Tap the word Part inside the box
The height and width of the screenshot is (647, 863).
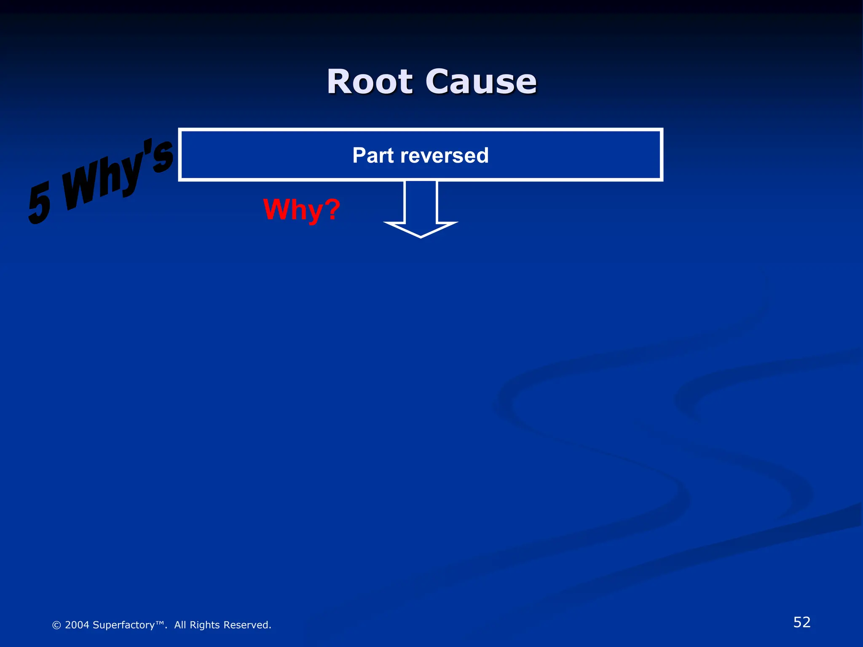point(373,155)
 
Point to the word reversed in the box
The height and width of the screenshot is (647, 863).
point(445,155)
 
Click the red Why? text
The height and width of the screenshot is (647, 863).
point(301,209)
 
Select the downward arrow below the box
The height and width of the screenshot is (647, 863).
point(421,209)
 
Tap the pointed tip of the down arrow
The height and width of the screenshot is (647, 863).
point(421,236)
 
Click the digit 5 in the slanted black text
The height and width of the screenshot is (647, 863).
point(40,203)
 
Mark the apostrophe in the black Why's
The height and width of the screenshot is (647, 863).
point(147,147)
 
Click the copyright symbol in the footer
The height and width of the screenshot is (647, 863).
point(56,625)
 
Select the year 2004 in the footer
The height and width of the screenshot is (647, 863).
point(77,625)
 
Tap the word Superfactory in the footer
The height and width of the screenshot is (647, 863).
point(123,625)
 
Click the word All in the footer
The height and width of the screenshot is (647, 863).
point(180,625)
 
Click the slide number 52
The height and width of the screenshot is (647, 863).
point(802,622)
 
